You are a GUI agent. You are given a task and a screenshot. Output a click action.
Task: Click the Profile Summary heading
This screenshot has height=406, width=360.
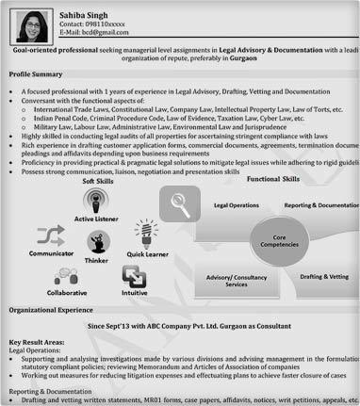[36, 73]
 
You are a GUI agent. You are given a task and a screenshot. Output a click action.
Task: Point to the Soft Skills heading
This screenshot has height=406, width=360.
[98, 181]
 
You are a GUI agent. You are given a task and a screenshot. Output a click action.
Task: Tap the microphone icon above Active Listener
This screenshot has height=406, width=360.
[97, 201]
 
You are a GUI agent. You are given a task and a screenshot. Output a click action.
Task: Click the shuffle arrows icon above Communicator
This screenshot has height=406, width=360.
[50, 235]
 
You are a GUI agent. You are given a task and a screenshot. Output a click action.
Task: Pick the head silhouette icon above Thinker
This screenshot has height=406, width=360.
[97, 242]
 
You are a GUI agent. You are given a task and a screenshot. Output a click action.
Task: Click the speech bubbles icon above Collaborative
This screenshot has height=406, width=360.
[65, 276]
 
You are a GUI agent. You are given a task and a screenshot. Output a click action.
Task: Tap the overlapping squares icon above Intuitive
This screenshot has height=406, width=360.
[134, 276]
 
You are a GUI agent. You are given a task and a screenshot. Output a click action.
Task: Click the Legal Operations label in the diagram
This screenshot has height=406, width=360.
[237, 204]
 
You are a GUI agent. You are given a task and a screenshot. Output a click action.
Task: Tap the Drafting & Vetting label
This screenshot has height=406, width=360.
[323, 278]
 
